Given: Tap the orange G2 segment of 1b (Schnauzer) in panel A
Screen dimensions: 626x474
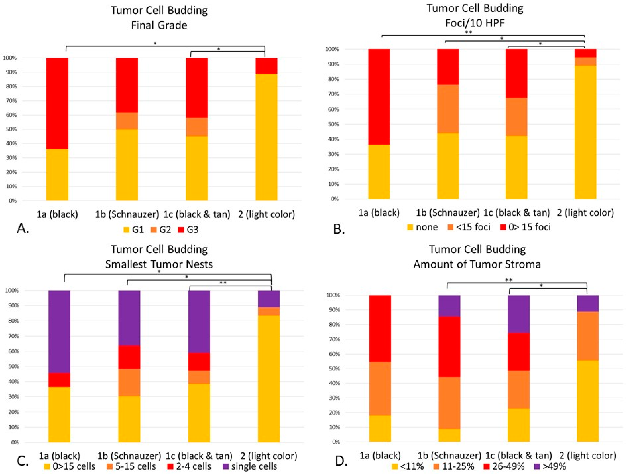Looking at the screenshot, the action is tap(127, 121).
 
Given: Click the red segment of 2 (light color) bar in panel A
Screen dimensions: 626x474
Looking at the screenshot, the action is tap(266, 66).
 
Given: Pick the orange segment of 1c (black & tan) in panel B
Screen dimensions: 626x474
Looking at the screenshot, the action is tap(517, 117).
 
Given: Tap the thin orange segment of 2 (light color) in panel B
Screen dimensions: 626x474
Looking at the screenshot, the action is tap(585, 62).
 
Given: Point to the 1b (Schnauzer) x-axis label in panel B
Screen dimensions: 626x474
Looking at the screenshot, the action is tap(448, 213).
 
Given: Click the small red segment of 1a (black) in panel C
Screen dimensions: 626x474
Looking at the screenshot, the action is tap(59, 380).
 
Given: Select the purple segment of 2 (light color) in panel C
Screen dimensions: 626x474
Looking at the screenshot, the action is tap(269, 299).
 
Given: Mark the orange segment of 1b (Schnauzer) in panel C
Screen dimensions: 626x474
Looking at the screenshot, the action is tap(129, 383).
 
